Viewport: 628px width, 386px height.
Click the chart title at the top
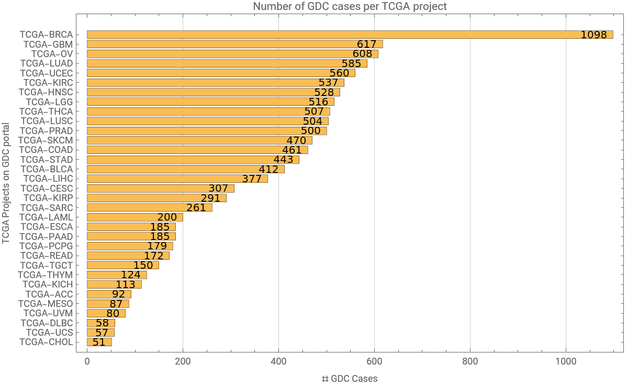pos(350,6)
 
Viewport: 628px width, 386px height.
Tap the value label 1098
pos(593,35)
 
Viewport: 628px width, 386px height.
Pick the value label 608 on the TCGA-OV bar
pos(362,54)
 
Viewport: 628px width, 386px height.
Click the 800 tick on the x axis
pos(470,361)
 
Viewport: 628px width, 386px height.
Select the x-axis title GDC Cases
pos(350,378)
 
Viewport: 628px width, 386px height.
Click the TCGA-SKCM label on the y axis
pos(46,140)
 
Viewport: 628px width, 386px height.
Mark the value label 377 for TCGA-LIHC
pos(252,179)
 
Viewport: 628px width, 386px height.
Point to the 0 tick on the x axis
pos(87,361)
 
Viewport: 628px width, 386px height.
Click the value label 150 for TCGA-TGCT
pos(143,266)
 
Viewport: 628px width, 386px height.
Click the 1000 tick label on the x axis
pos(566,361)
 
